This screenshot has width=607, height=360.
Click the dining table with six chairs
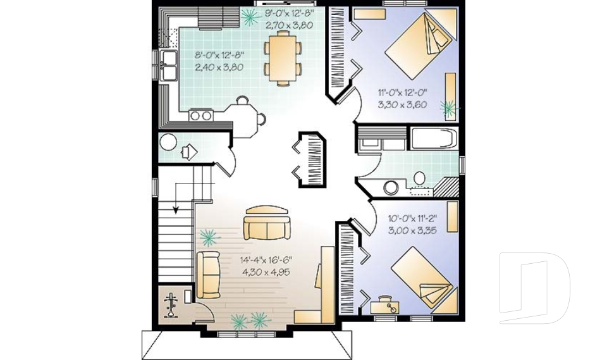pos(282,58)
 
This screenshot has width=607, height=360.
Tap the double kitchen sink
pos(169,66)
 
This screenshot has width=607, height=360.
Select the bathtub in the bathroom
pos(434,139)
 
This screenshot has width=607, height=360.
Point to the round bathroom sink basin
pos(392,187)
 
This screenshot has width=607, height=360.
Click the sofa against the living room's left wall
pos(208,275)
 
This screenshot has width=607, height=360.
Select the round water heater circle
pos(168,142)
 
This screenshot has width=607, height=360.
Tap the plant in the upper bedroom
pos(450,109)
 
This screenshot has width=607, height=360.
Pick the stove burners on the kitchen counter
pos(201,115)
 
